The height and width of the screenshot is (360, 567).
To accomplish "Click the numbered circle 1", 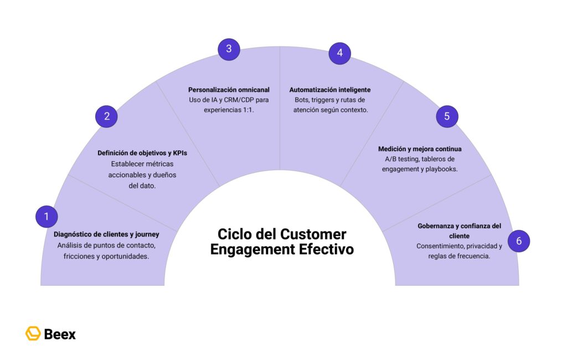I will pos(47,216).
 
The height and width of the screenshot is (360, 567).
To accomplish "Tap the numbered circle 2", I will pos(107,116).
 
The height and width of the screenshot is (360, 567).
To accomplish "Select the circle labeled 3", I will pos(229,49).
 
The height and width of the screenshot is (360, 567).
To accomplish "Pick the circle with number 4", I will pos(339,53).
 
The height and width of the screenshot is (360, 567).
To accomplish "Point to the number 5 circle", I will pos(447,116).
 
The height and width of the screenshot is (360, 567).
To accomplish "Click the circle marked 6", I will pos(518,241).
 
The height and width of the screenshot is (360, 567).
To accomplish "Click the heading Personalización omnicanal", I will pos(229,90).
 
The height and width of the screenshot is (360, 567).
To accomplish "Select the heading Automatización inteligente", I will pos(330,90).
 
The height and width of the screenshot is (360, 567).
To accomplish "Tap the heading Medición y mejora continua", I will pos(420,149).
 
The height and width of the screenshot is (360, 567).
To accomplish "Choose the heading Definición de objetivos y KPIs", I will pos(142,153).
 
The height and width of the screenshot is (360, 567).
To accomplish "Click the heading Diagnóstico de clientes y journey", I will pos(106,234).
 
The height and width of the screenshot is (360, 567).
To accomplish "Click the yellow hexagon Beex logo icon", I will pos(33,333).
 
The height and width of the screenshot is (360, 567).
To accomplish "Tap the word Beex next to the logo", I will pos(59,334).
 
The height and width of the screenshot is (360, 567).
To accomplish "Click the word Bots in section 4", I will pos(303,100).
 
